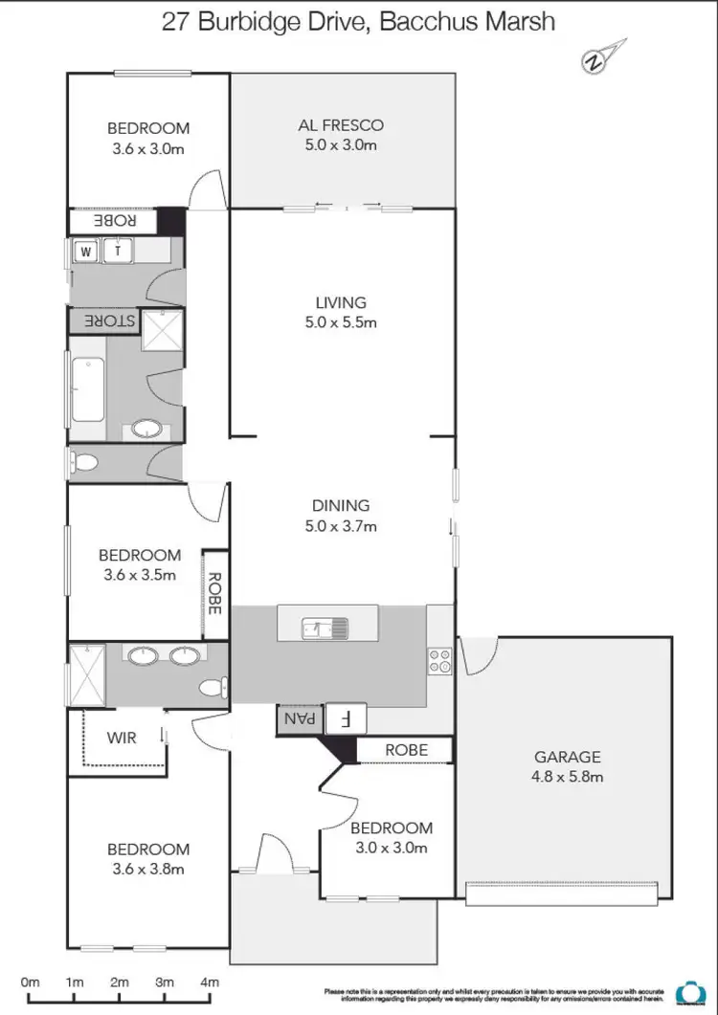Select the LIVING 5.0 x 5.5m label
pyautogui.click(x=341, y=313)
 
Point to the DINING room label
pyautogui.click(x=341, y=516)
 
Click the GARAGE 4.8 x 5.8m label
pyautogui.click(x=568, y=765)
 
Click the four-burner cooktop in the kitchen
pyautogui.click(x=440, y=661)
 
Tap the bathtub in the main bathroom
pyautogui.click(x=87, y=387)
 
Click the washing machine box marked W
pyautogui.click(x=87, y=252)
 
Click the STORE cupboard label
pyautogui.click(x=103, y=320)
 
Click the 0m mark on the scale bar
pyautogui.click(x=30, y=982)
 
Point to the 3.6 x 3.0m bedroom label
pyautogui.click(x=147, y=138)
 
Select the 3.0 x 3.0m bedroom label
pyautogui.click(x=391, y=838)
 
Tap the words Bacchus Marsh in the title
pyautogui.click(x=467, y=21)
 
